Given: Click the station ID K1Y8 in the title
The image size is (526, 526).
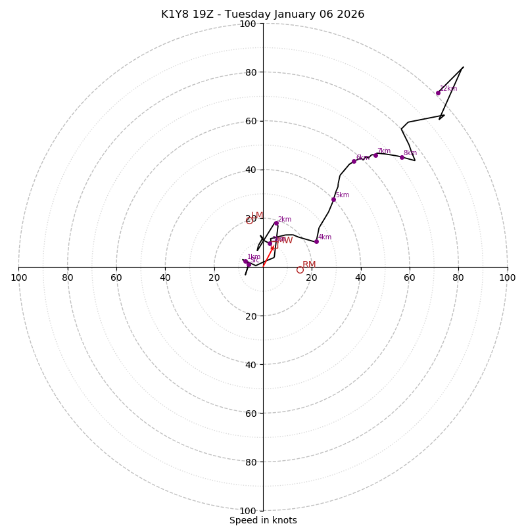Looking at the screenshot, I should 174,14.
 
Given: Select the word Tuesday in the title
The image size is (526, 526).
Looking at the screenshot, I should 240,14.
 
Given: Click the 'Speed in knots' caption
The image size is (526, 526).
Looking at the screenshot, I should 263,520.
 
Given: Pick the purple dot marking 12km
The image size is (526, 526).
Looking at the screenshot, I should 438,93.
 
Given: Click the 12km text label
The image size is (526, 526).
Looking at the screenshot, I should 448,88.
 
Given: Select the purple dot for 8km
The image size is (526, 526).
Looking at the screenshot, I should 402,157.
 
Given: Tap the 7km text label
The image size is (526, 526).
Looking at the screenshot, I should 384,151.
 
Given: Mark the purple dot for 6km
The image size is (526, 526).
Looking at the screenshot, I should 354,161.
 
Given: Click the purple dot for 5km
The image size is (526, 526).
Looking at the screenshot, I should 333,199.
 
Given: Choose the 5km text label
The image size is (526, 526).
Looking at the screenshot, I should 343,195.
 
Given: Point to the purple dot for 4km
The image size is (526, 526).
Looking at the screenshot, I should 316,241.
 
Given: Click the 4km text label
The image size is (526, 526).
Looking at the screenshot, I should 325,237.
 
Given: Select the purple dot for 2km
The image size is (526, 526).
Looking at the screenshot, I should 276,224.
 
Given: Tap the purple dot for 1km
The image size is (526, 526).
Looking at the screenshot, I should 245,261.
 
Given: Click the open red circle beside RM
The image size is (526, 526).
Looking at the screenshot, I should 300,270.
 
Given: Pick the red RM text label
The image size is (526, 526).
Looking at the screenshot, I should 309,264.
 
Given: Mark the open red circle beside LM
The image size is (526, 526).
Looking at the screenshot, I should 249,220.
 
